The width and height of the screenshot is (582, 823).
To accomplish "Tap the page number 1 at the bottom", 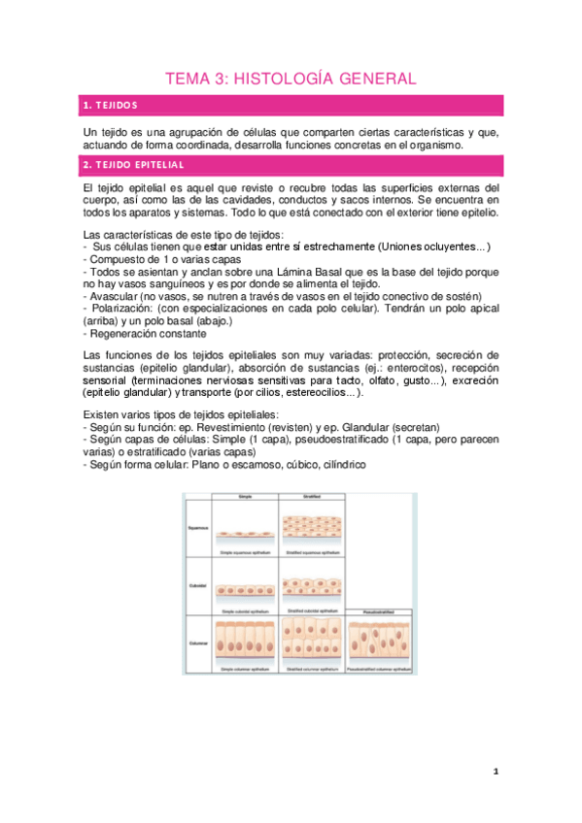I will tap(496, 772).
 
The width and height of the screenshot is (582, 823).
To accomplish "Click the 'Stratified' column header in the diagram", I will tap(311, 497).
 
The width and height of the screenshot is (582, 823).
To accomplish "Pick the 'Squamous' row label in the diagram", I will tap(197, 529).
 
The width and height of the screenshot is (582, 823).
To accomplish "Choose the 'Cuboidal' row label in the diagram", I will tap(197, 586).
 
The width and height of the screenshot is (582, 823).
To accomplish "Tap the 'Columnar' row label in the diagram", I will tap(197, 642).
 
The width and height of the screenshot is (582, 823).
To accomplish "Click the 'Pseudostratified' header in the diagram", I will tap(380, 612).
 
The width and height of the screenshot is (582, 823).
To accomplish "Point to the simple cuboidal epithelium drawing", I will tap(243, 590).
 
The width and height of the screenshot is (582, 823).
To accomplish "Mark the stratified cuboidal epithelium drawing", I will tap(311, 588).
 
